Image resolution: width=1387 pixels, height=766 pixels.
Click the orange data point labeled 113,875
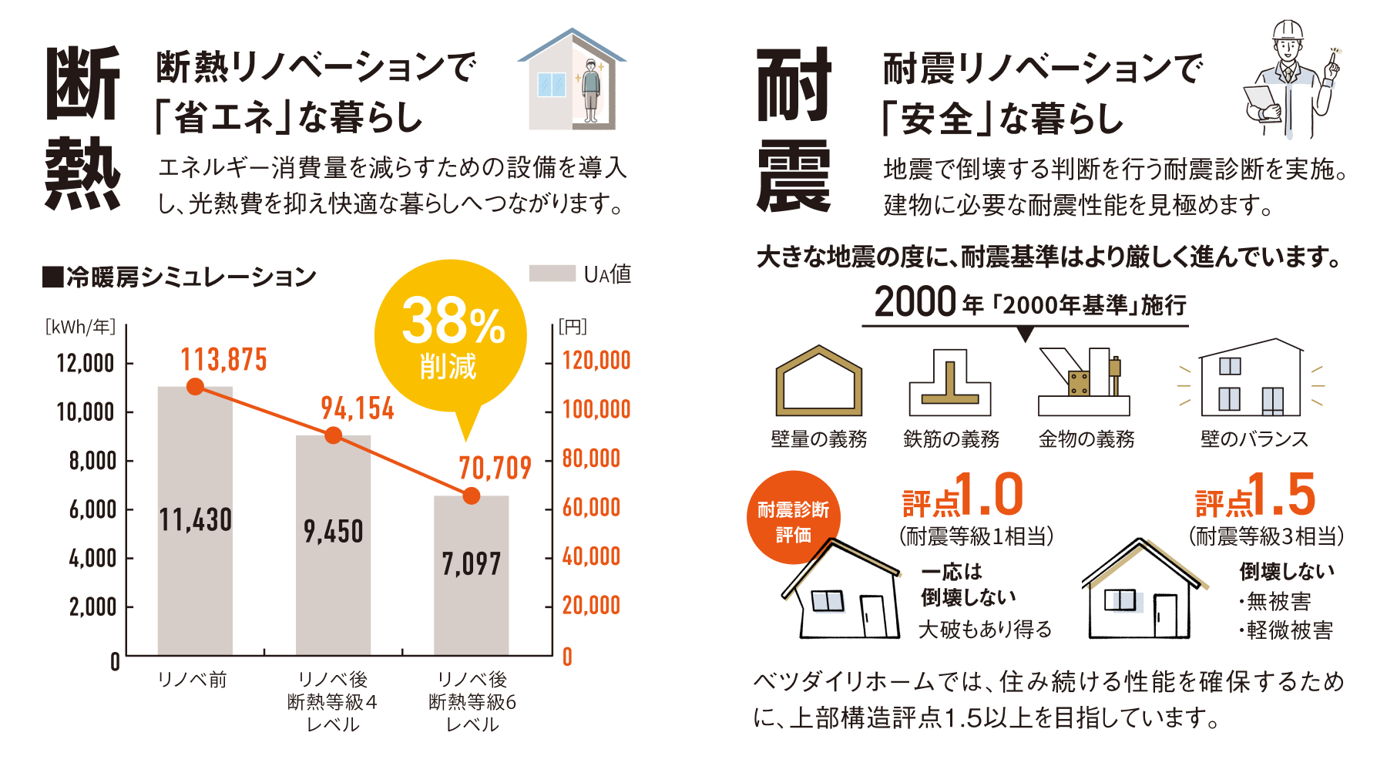click(196, 386)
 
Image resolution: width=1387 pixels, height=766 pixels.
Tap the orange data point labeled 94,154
click(333, 435)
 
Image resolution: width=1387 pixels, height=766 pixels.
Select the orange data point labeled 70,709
click(472, 496)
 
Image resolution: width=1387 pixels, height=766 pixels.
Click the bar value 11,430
click(196, 520)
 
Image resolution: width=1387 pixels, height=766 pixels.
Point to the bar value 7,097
click(472, 564)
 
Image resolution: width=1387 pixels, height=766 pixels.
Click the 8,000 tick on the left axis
click(92, 461)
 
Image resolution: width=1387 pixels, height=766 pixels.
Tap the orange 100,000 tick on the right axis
click(596, 409)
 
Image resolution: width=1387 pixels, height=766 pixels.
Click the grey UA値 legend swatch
click(552, 274)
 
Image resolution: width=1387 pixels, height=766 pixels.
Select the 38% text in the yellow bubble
click(452, 322)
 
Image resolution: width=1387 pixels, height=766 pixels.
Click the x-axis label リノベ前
click(192, 680)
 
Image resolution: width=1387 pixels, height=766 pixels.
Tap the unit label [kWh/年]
click(80, 327)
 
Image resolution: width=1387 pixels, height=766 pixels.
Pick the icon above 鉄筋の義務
click(950, 382)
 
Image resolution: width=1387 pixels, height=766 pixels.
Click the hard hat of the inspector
click(1288, 31)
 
